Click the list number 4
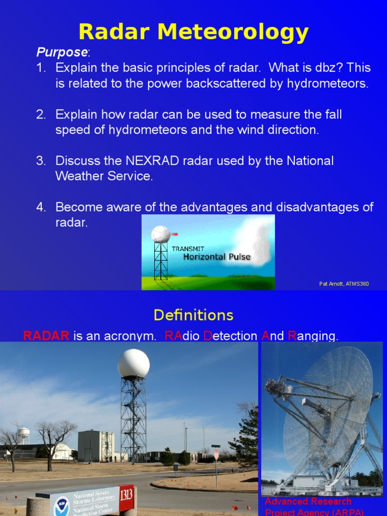(41, 207)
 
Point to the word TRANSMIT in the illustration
(187, 248)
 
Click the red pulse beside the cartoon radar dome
(175, 234)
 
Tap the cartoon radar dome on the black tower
(161, 234)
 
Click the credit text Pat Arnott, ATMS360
(344, 284)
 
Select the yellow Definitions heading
(193, 315)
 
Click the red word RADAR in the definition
(46, 336)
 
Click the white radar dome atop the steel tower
(134, 363)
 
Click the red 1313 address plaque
(126, 494)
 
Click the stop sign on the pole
(217, 454)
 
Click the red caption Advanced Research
(308, 501)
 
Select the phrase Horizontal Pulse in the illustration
(217, 257)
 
